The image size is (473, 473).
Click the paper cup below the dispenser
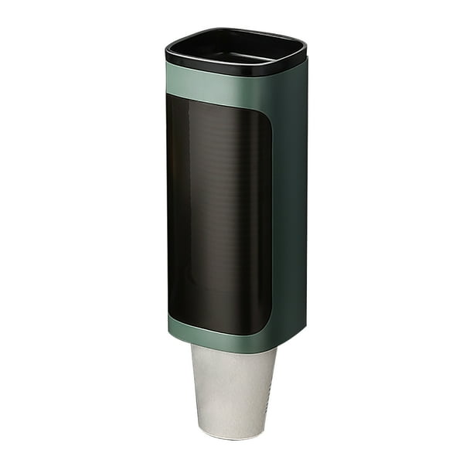point(232,390)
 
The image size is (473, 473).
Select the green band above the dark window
point(224,87)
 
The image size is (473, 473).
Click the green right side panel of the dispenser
point(290,209)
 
